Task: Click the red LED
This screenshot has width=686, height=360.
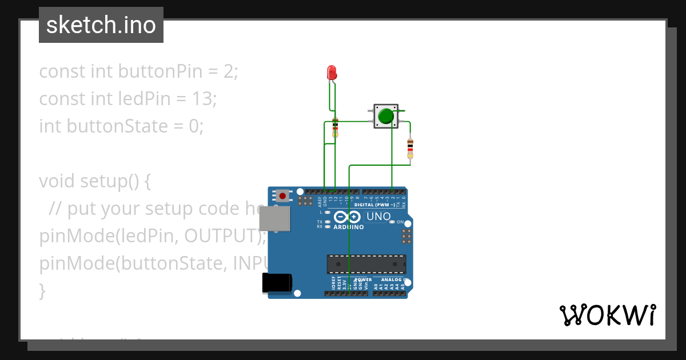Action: (x=332, y=73)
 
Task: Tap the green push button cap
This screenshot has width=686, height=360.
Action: (x=386, y=116)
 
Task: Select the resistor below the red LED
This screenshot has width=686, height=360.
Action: (x=335, y=127)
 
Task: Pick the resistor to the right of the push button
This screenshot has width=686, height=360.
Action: (x=410, y=148)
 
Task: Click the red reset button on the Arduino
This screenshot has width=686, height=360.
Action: (x=282, y=196)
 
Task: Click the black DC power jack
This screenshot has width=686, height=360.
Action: (x=277, y=283)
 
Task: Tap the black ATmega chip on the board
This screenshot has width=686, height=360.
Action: (x=366, y=264)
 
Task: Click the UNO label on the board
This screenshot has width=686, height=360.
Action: (x=378, y=217)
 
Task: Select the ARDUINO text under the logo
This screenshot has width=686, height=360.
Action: (x=348, y=227)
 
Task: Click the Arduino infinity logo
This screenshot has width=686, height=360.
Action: (x=347, y=217)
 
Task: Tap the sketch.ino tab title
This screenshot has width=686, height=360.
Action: (x=101, y=25)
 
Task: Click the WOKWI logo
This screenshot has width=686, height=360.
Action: (x=607, y=315)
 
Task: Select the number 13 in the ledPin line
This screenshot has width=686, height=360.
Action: (x=202, y=99)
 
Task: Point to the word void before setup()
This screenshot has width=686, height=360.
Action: (x=57, y=181)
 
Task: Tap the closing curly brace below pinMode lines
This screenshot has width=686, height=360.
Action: (x=42, y=291)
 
